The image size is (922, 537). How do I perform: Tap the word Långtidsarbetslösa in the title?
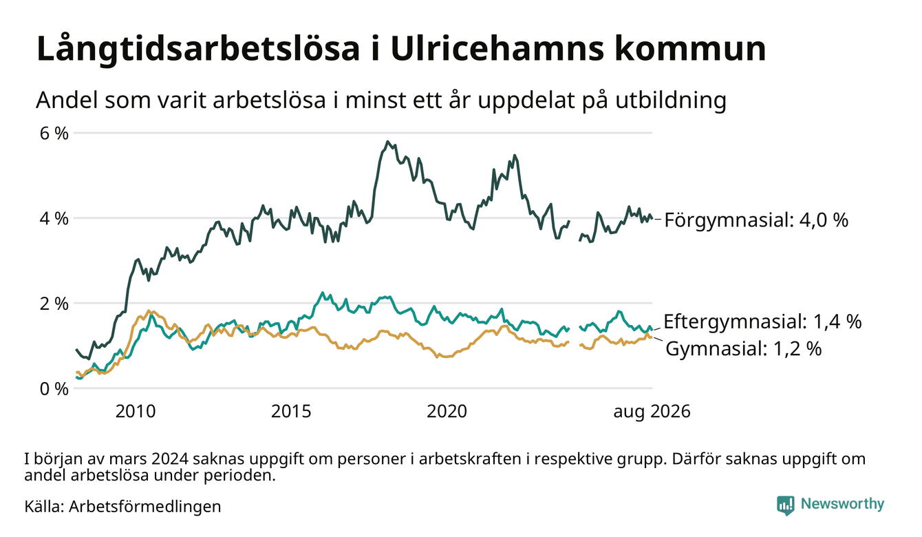click(198, 50)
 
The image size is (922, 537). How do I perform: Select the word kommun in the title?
click(690, 49)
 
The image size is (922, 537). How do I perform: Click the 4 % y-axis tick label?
click(54, 218)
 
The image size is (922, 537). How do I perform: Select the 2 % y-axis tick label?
click(54, 304)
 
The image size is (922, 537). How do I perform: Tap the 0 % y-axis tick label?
click(54, 389)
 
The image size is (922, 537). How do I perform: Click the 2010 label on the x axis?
click(136, 412)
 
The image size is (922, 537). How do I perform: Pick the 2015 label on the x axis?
click(291, 412)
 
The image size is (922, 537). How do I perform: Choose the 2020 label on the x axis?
click(447, 412)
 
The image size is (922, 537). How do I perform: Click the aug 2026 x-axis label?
click(652, 412)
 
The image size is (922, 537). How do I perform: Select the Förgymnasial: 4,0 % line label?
click(756, 220)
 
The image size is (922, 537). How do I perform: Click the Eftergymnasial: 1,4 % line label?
click(762, 322)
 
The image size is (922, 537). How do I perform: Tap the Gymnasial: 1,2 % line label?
click(743, 349)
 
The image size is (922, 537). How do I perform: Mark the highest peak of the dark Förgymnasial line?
click(387, 142)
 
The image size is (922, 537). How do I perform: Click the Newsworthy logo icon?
click(785, 505)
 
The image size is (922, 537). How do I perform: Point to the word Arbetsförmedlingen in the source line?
click(145, 507)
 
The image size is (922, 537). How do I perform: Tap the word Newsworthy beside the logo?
click(842, 504)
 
